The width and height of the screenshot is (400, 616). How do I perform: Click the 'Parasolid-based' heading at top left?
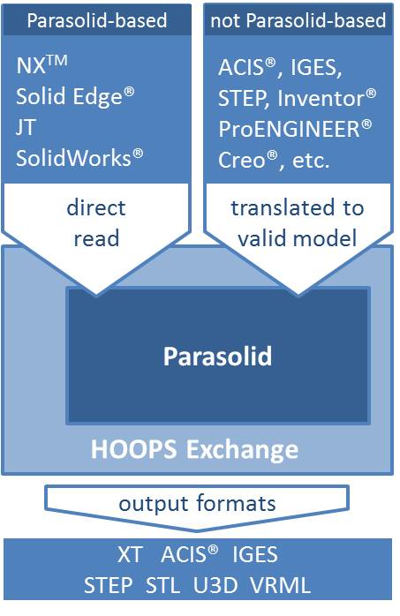coord(97,19)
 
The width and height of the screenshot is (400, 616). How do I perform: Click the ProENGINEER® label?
coord(296,128)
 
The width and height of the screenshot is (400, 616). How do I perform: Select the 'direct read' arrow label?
coord(96,223)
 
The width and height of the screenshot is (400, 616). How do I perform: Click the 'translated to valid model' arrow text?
coord(297,223)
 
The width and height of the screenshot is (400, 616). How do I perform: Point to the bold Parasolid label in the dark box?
coord(217,357)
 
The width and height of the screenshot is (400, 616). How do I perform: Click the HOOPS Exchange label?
coord(194,450)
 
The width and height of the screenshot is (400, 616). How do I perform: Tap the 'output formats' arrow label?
coord(198,504)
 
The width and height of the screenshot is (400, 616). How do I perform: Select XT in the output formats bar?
coord(131,555)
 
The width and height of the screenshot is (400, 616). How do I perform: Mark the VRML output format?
coord(281,586)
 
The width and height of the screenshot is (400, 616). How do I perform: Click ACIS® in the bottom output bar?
coord(188,555)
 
